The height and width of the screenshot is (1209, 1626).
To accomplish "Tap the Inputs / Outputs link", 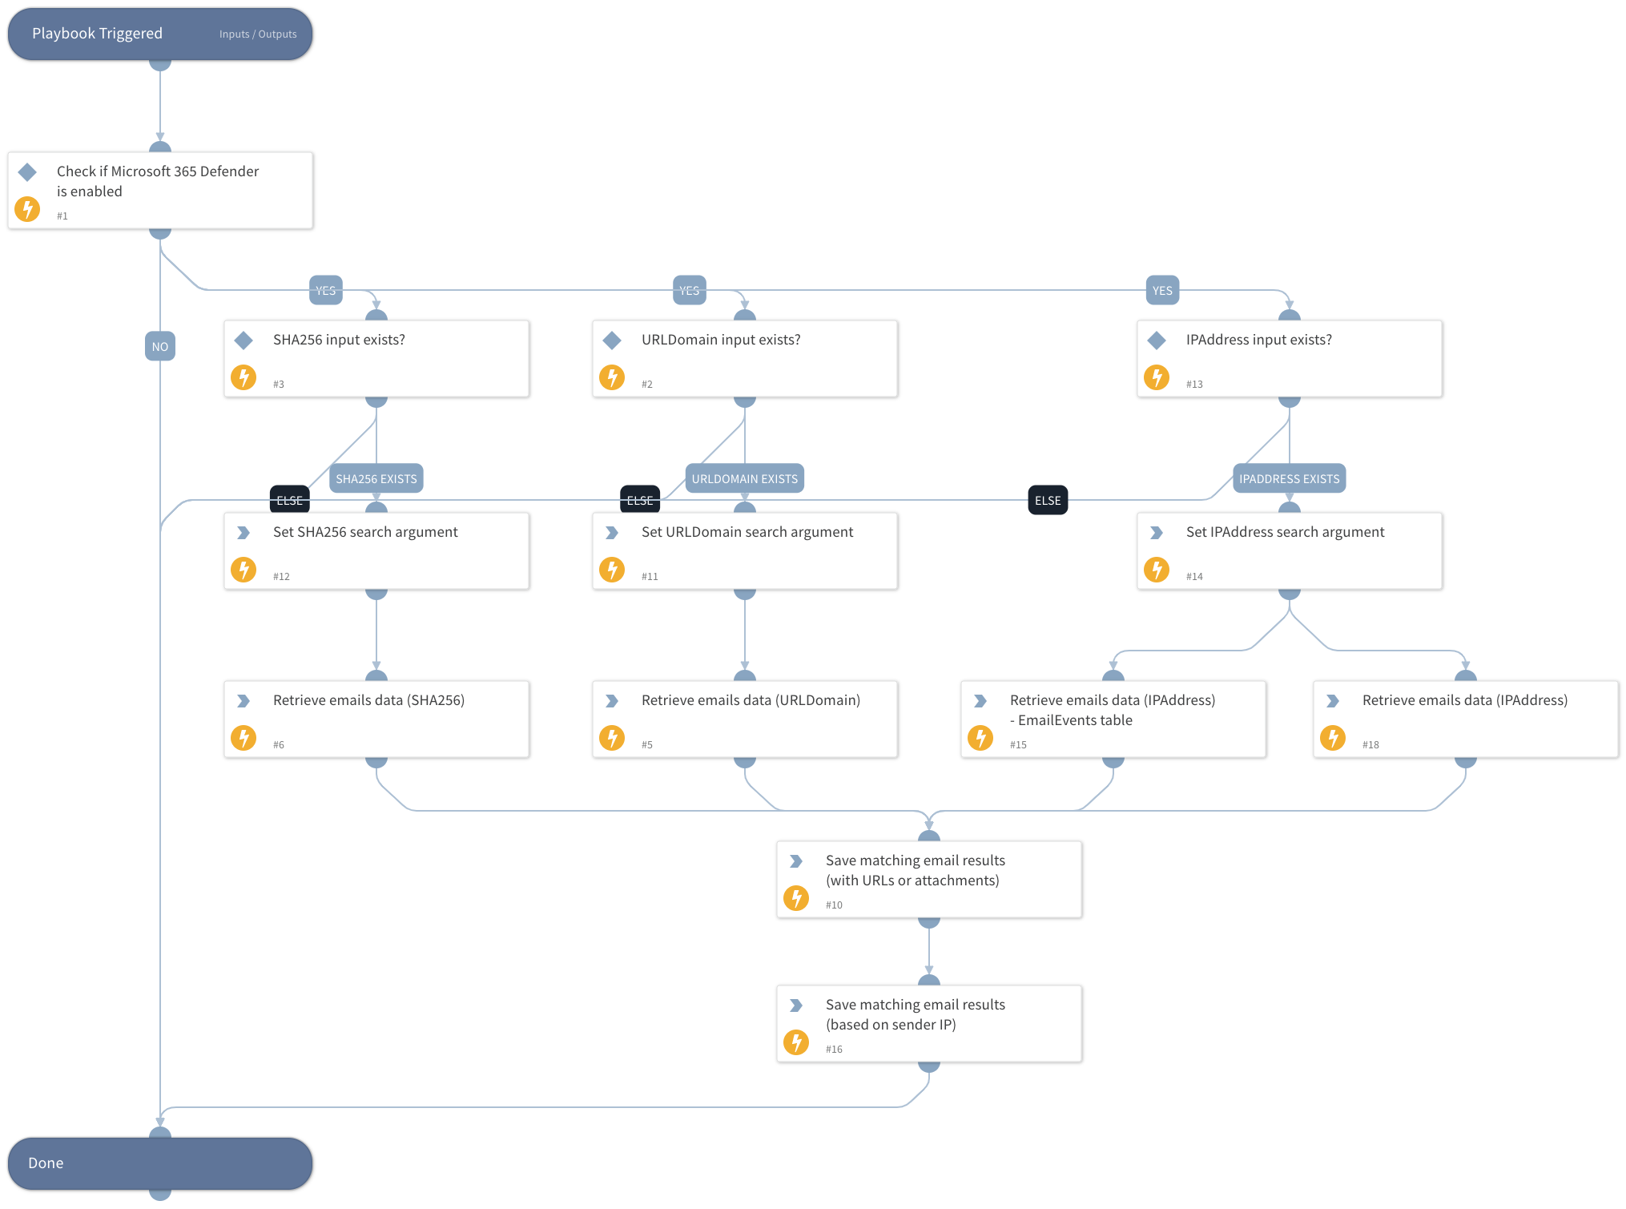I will [258, 34].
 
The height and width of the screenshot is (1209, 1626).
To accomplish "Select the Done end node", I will [160, 1163].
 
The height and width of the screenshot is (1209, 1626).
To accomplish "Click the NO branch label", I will [160, 347].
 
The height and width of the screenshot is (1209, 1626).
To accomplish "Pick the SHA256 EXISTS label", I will [376, 479].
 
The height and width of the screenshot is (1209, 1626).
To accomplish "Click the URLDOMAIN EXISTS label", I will [744, 479].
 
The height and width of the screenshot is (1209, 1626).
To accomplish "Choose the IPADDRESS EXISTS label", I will [1289, 479].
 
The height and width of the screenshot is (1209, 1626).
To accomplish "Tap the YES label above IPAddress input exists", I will [1162, 291].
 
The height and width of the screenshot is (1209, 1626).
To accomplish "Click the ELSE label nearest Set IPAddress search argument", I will [1048, 501].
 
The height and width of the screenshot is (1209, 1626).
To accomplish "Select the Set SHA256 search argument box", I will [376, 551].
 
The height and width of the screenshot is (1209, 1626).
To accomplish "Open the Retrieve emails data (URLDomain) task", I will [745, 719].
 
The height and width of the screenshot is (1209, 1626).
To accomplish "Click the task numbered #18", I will [1466, 719].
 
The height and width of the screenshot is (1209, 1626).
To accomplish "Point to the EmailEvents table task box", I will [1113, 719].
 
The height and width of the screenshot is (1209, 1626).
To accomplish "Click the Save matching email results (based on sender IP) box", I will [929, 1024].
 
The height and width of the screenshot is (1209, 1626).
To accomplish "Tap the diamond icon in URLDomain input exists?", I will [612, 341].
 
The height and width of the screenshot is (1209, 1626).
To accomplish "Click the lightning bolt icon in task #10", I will [796, 898].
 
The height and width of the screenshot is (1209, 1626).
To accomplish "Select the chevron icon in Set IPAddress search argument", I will [1157, 533].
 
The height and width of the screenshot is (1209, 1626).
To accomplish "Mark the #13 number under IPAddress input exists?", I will [1194, 385].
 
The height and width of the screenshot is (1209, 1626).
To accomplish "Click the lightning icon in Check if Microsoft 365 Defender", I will [27, 209].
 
